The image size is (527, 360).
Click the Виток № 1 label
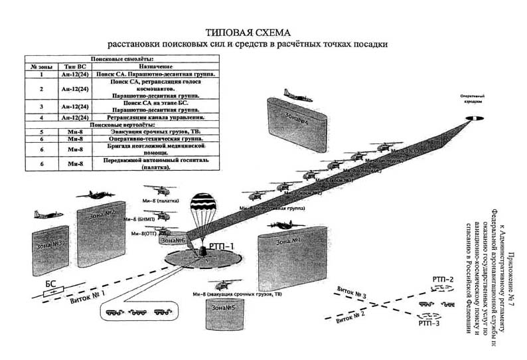(88, 294)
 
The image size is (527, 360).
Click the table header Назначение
(157, 67)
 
